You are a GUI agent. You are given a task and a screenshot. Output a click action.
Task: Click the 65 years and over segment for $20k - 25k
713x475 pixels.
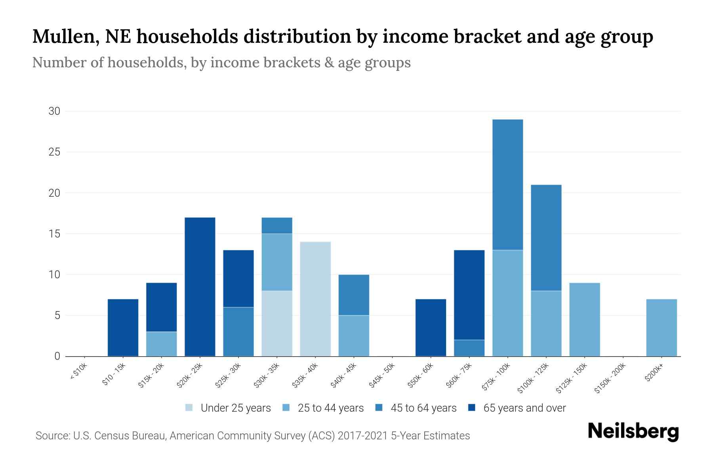200,287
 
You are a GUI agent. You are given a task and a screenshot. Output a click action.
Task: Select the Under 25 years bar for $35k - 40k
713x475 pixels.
315,299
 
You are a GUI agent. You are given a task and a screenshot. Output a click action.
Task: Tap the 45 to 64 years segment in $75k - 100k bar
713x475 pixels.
507,184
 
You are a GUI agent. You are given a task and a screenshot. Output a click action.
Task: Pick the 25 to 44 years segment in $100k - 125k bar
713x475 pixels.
546,323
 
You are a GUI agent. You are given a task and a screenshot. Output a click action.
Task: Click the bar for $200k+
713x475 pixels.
662,327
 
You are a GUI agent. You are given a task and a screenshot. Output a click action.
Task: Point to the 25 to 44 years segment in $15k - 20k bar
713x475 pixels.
162,344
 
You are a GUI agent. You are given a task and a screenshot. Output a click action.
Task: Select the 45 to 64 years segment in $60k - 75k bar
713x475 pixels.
469,348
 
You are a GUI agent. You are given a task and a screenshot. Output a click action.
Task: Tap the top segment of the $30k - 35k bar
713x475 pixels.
277,226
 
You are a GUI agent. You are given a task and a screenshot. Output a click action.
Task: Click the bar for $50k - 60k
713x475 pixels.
431,327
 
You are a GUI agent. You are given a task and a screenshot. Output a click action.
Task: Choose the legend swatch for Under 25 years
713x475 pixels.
189,408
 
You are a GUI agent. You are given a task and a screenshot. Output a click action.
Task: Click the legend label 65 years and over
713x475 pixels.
524,408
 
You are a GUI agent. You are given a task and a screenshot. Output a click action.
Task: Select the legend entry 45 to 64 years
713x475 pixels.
423,408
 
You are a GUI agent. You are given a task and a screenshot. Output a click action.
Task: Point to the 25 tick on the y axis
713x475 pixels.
54,152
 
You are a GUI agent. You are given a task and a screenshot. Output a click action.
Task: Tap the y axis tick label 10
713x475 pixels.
54,274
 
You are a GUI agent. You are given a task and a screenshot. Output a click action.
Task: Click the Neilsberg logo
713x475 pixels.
633,431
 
